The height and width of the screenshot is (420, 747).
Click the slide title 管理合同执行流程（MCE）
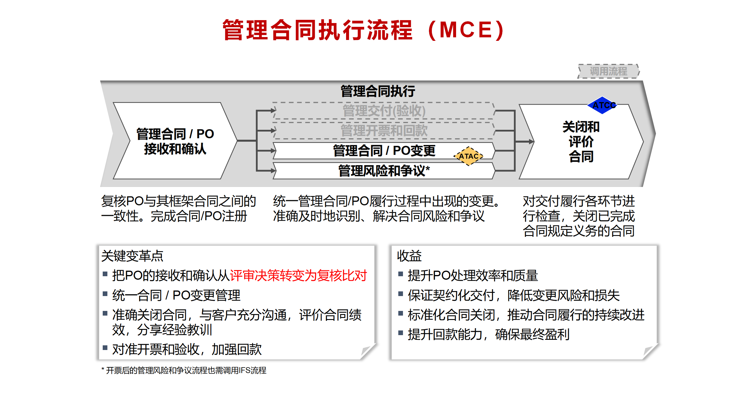[364, 30]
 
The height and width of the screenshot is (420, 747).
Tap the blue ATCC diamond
[602, 105]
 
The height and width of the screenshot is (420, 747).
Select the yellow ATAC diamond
[468, 156]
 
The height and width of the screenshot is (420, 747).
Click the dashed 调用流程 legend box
[608, 71]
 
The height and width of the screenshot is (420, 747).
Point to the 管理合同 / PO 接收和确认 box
[175, 141]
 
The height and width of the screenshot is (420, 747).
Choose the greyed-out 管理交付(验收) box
[384, 111]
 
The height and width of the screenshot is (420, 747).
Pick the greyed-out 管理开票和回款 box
[384, 130]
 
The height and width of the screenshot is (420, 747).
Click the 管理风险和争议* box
[384, 171]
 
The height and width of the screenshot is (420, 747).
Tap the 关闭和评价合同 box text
[581, 141]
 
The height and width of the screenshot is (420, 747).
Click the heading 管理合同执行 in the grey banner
[378, 91]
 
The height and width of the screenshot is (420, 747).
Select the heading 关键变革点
[132, 256]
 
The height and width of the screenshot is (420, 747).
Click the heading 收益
[409, 256]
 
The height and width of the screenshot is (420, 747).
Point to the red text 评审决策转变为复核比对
[298, 276]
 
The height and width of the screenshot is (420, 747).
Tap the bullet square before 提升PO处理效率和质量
[401, 274]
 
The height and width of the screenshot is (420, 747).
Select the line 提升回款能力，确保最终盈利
[488, 335]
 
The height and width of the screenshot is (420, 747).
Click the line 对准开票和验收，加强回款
[187, 349]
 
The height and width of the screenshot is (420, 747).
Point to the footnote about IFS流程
[184, 370]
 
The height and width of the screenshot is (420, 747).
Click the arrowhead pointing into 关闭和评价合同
[531, 142]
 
